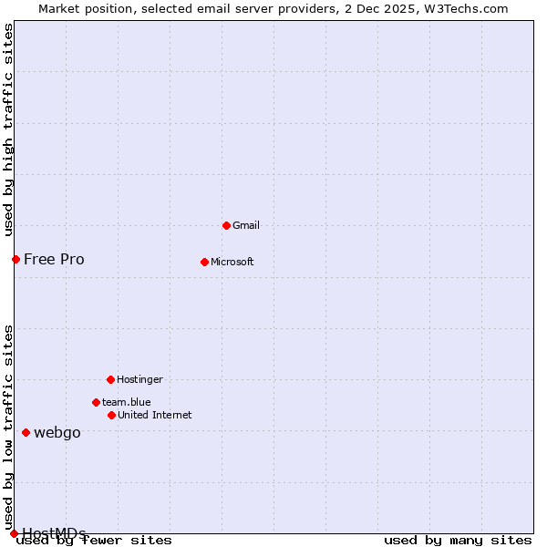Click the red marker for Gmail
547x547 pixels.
226,225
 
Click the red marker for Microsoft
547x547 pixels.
204,262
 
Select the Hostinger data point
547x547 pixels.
110,379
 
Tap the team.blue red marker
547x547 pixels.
96,402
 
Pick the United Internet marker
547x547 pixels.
111,415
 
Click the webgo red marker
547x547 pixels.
26,432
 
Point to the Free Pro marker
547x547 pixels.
15,259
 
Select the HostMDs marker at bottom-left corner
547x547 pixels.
14,533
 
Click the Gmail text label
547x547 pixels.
246,225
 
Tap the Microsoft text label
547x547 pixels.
232,262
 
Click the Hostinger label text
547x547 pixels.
139,379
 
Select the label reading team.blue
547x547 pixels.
126,402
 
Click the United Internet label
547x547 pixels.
154,415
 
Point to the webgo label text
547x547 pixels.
57,432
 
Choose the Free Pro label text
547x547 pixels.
54,259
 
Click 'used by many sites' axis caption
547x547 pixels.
458,541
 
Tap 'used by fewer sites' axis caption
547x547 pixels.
95,541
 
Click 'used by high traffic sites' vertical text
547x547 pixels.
9,129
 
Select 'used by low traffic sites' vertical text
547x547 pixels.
9,427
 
